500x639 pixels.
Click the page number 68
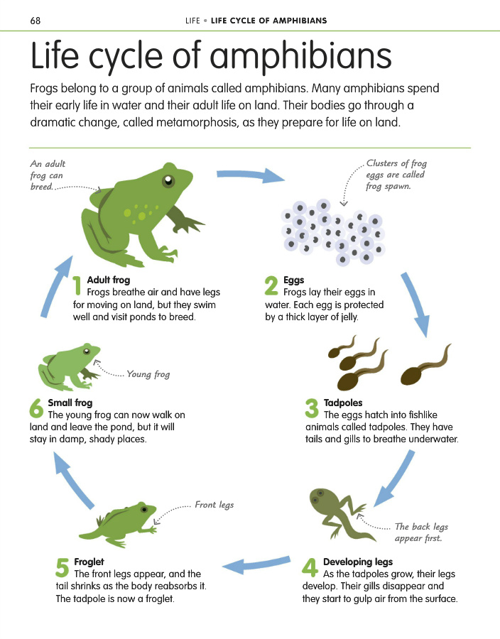(x=36, y=21)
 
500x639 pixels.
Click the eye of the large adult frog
(x=168, y=180)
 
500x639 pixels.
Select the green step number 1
(x=77, y=285)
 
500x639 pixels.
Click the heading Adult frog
(x=109, y=280)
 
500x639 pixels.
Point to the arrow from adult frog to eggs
(x=251, y=175)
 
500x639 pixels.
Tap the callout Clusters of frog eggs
(x=396, y=175)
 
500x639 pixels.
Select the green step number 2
(x=271, y=285)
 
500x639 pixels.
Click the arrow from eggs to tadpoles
(x=415, y=304)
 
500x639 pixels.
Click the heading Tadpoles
(x=343, y=403)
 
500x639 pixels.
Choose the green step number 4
(x=310, y=567)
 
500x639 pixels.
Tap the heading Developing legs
(x=358, y=562)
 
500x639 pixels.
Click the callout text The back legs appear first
(x=421, y=532)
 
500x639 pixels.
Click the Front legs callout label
(x=214, y=505)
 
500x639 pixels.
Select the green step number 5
(x=62, y=567)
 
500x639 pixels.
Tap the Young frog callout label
(x=148, y=373)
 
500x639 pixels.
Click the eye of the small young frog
(x=87, y=351)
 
